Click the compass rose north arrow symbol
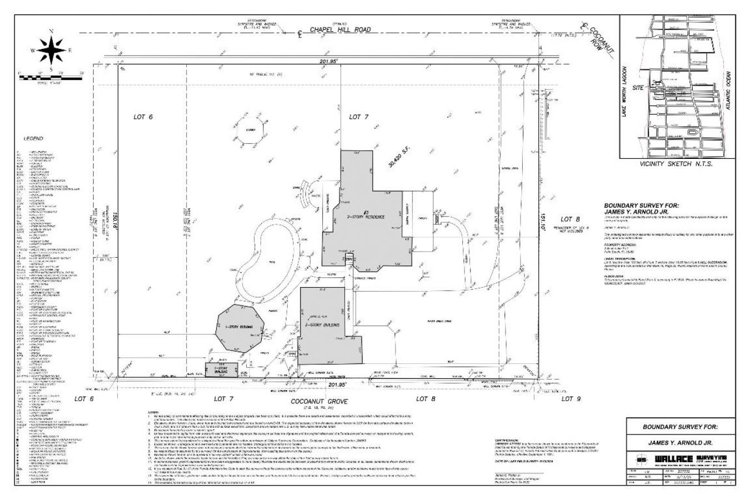point(51,49)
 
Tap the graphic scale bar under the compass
point(51,78)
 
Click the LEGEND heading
point(33,138)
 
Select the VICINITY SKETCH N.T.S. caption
point(675,164)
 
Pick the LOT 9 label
point(567,398)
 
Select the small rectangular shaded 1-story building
point(221,370)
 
